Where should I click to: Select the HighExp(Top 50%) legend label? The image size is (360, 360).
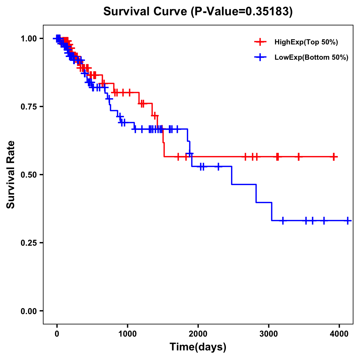pyautogui.click(x=306, y=42)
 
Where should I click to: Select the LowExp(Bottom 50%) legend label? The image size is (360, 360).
pyautogui.click(x=311, y=58)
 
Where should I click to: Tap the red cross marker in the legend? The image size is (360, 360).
pyautogui.click(x=260, y=42)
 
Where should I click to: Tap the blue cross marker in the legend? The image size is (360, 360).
pyautogui.click(x=260, y=57)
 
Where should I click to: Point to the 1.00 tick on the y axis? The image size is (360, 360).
pyautogui.click(x=29, y=39)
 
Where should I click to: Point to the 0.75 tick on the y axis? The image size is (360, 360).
pyautogui.click(x=29, y=107)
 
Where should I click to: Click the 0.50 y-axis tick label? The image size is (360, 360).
pyautogui.click(x=29, y=175)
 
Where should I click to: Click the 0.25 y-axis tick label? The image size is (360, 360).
pyautogui.click(x=29, y=243)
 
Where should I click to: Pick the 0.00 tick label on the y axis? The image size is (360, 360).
pyautogui.click(x=29, y=311)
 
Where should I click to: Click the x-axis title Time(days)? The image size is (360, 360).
pyautogui.click(x=198, y=347)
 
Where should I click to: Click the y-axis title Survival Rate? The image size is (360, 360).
pyautogui.click(x=11, y=175)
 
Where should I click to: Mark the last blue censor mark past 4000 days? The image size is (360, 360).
pyautogui.click(x=347, y=220)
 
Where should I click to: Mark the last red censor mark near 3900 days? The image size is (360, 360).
pyautogui.click(x=334, y=157)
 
